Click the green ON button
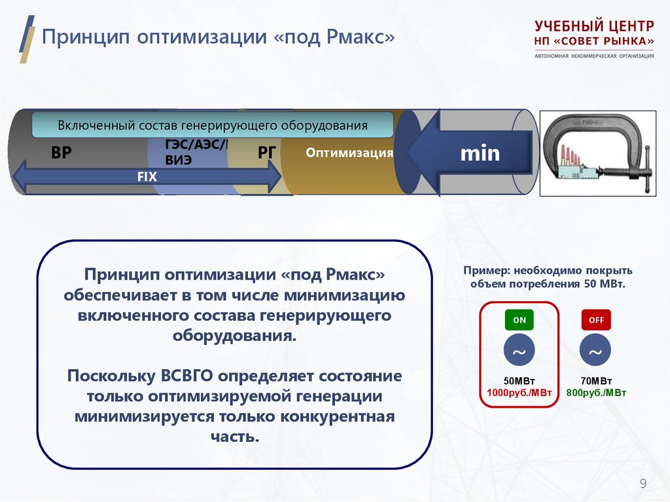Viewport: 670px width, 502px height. [x=519, y=320]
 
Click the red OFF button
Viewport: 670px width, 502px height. [x=595, y=320]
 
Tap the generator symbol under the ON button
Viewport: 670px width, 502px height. [x=519, y=352]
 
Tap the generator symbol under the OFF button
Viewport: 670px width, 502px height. [x=595, y=352]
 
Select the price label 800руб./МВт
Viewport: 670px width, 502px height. [x=596, y=393]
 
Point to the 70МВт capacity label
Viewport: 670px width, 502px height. [x=596, y=381]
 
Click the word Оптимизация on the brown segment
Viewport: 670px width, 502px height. [x=349, y=153]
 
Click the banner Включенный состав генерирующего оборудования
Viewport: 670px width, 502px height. [x=213, y=124]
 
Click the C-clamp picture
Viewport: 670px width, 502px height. [x=597, y=152]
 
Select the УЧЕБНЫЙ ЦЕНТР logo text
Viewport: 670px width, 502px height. [x=593, y=27]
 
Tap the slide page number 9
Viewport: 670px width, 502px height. [x=643, y=484]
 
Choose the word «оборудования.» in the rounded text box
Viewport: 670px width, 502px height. [x=234, y=336]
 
